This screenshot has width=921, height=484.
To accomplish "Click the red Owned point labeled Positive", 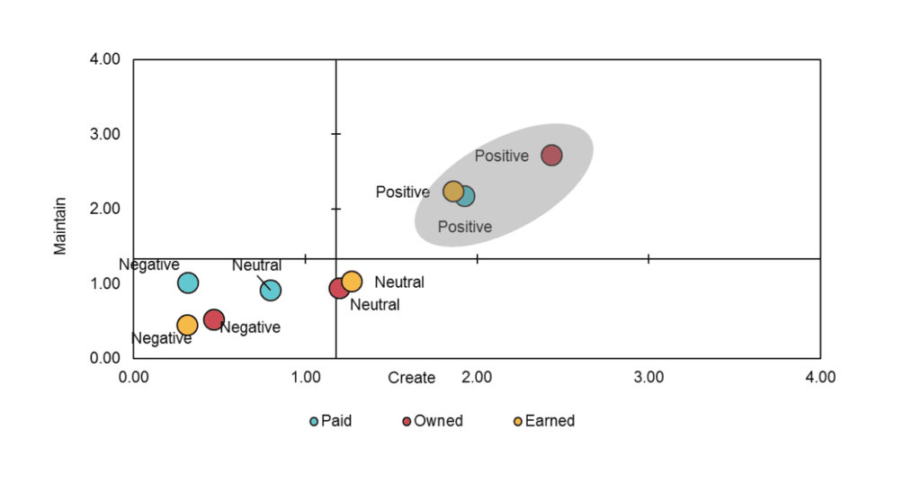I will tap(551, 155).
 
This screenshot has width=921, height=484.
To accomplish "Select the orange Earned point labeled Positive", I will tap(453, 192).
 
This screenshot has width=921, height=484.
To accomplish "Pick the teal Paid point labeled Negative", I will tap(188, 282).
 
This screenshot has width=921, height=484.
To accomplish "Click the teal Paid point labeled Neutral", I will tap(271, 290).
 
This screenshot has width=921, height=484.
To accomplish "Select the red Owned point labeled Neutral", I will tap(338, 288).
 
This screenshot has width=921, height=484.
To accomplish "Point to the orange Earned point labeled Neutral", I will tap(352, 282).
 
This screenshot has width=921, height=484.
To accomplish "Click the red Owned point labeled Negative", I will tap(214, 319).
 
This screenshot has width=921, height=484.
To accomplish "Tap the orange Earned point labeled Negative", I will tap(187, 325).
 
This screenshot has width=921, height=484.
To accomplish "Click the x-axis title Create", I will tap(411, 378).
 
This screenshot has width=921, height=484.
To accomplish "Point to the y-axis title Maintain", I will tap(60, 226).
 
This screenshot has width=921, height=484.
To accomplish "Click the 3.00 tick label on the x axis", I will tap(648, 377).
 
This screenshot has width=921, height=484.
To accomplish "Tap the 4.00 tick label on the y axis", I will tap(105, 59).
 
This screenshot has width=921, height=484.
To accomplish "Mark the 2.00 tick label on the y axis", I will tap(105, 209).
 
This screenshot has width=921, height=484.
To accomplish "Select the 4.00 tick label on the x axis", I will tap(819, 377).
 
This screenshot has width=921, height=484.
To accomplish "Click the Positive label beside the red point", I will tap(502, 156).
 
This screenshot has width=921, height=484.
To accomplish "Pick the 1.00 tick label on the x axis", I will tap(306, 377).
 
